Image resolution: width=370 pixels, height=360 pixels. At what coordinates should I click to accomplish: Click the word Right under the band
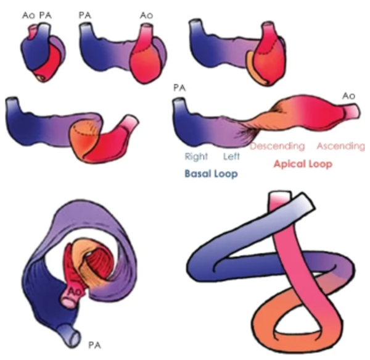point(195,157)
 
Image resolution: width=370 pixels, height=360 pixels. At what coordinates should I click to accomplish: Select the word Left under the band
point(231,157)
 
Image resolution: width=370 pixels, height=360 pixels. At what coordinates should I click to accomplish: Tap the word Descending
point(277,146)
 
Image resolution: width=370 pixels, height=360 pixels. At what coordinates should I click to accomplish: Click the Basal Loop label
point(212,174)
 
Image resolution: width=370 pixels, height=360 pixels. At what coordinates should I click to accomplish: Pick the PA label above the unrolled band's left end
point(180,88)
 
